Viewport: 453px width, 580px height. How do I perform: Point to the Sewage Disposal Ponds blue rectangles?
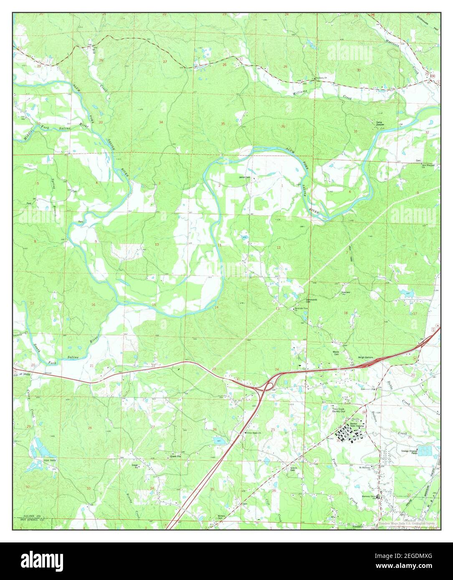pos(425,451)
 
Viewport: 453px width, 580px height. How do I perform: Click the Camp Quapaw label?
pos(379,124)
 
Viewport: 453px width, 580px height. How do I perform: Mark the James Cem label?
pos(245,177)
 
